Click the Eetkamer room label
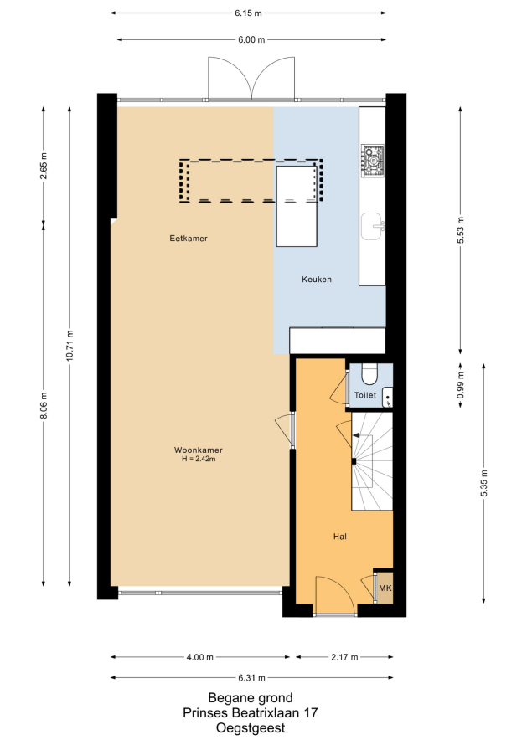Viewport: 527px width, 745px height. (189, 239)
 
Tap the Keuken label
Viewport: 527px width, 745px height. (317, 280)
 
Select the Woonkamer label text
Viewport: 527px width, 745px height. (199, 450)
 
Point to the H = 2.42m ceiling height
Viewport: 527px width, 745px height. (199, 459)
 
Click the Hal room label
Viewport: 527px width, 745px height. (339, 537)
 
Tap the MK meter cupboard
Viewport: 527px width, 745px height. (385, 588)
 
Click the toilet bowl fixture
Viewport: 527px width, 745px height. (369, 373)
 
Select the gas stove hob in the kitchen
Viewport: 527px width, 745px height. (373, 161)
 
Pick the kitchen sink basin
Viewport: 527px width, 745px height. (373, 226)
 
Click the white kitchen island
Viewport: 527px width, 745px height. (297, 206)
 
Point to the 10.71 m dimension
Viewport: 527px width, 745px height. (70, 346)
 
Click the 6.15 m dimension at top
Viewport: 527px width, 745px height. (248, 13)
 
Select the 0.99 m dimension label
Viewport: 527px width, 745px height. (461, 385)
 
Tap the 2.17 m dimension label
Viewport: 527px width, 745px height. (344, 657)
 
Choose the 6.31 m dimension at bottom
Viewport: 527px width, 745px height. (251, 678)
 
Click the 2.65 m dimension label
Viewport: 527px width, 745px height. (44, 165)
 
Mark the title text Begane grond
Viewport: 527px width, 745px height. (251, 698)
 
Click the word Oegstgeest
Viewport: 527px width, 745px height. (251, 728)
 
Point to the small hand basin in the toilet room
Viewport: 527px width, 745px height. (388, 398)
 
